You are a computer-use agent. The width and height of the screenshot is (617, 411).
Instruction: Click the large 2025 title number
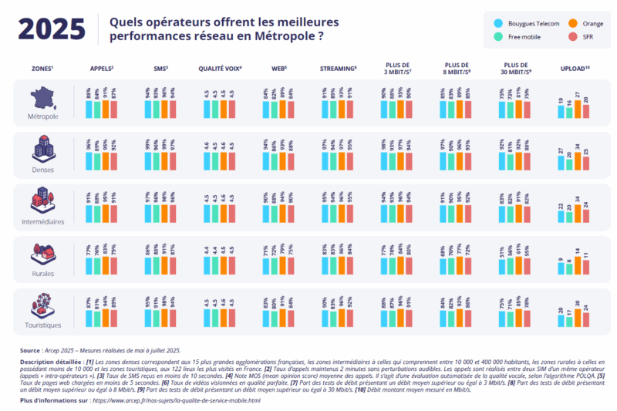click(52, 29)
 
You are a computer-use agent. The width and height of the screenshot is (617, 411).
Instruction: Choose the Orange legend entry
click(583, 24)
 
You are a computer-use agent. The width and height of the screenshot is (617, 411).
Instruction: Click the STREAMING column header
click(338, 69)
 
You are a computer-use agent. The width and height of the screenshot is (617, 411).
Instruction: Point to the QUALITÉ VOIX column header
click(220, 69)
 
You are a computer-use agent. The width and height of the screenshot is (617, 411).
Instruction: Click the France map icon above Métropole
click(42, 98)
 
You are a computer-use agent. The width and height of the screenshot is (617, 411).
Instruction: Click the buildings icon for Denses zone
click(42, 149)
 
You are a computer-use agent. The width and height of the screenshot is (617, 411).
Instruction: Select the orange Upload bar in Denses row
click(577, 161)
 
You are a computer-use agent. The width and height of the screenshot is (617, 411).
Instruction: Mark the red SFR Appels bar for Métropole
click(115, 109)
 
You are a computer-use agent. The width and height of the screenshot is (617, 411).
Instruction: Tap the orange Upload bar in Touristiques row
click(577, 317)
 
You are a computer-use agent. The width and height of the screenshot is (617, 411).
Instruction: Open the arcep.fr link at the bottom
click(177, 401)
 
